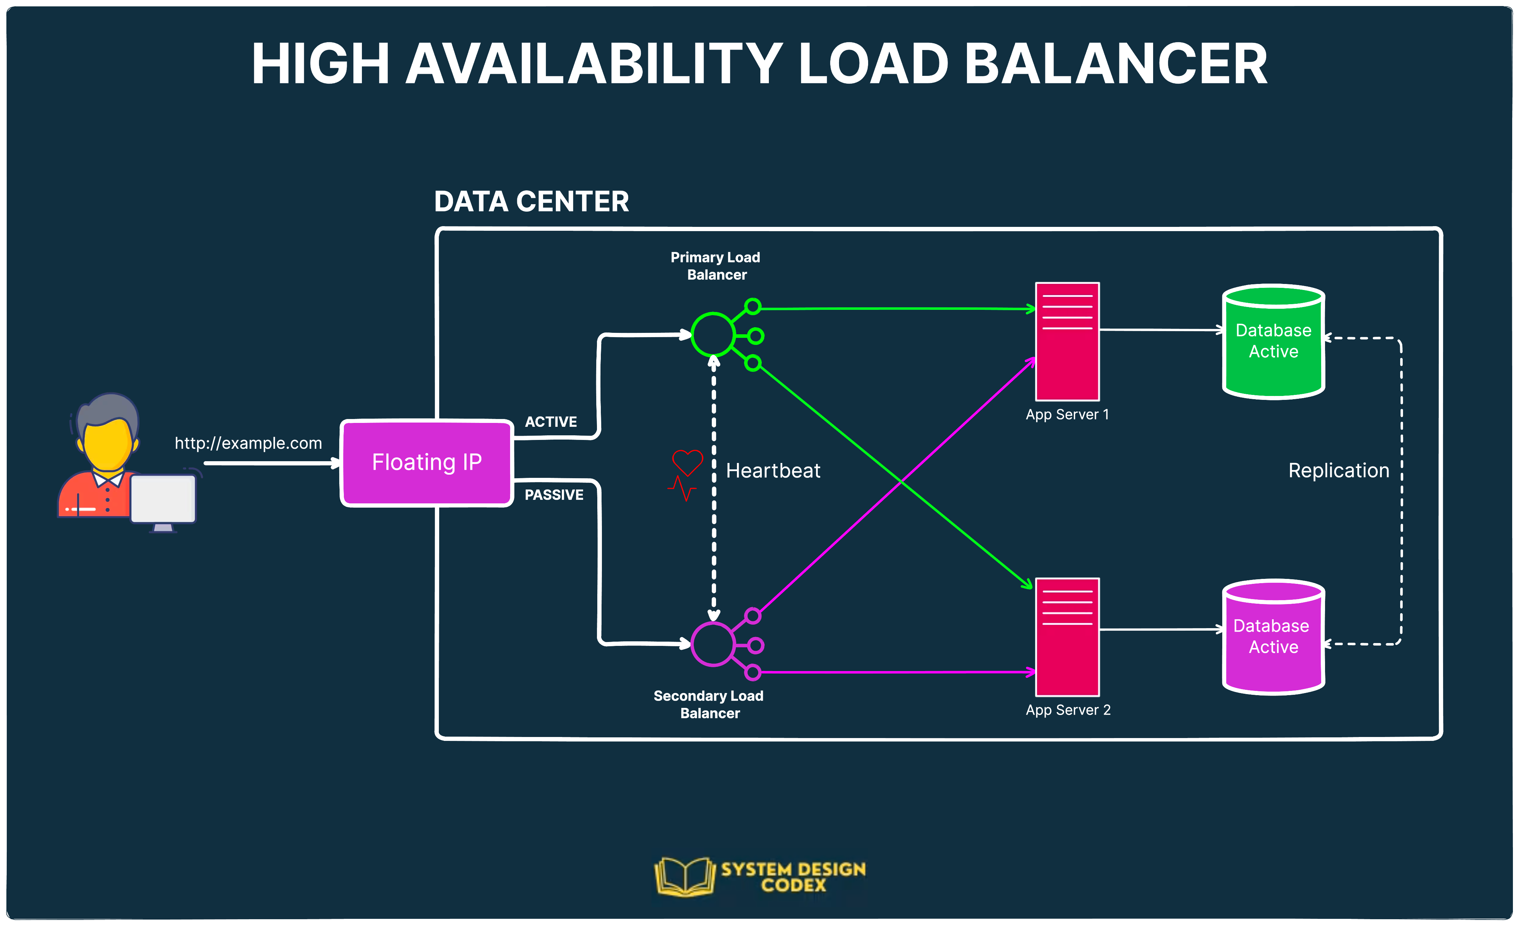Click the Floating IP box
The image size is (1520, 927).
(427, 463)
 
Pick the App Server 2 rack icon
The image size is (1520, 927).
(1067, 637)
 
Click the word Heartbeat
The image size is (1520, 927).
(773, 471)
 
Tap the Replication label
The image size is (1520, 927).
(1339, 471)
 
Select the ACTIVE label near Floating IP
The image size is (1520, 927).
(551, 422)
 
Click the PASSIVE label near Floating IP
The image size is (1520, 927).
(554, 495)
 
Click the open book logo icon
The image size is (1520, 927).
(684, 876)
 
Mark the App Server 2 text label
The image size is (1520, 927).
(1068, 710)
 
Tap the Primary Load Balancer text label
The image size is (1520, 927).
(716, 266)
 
